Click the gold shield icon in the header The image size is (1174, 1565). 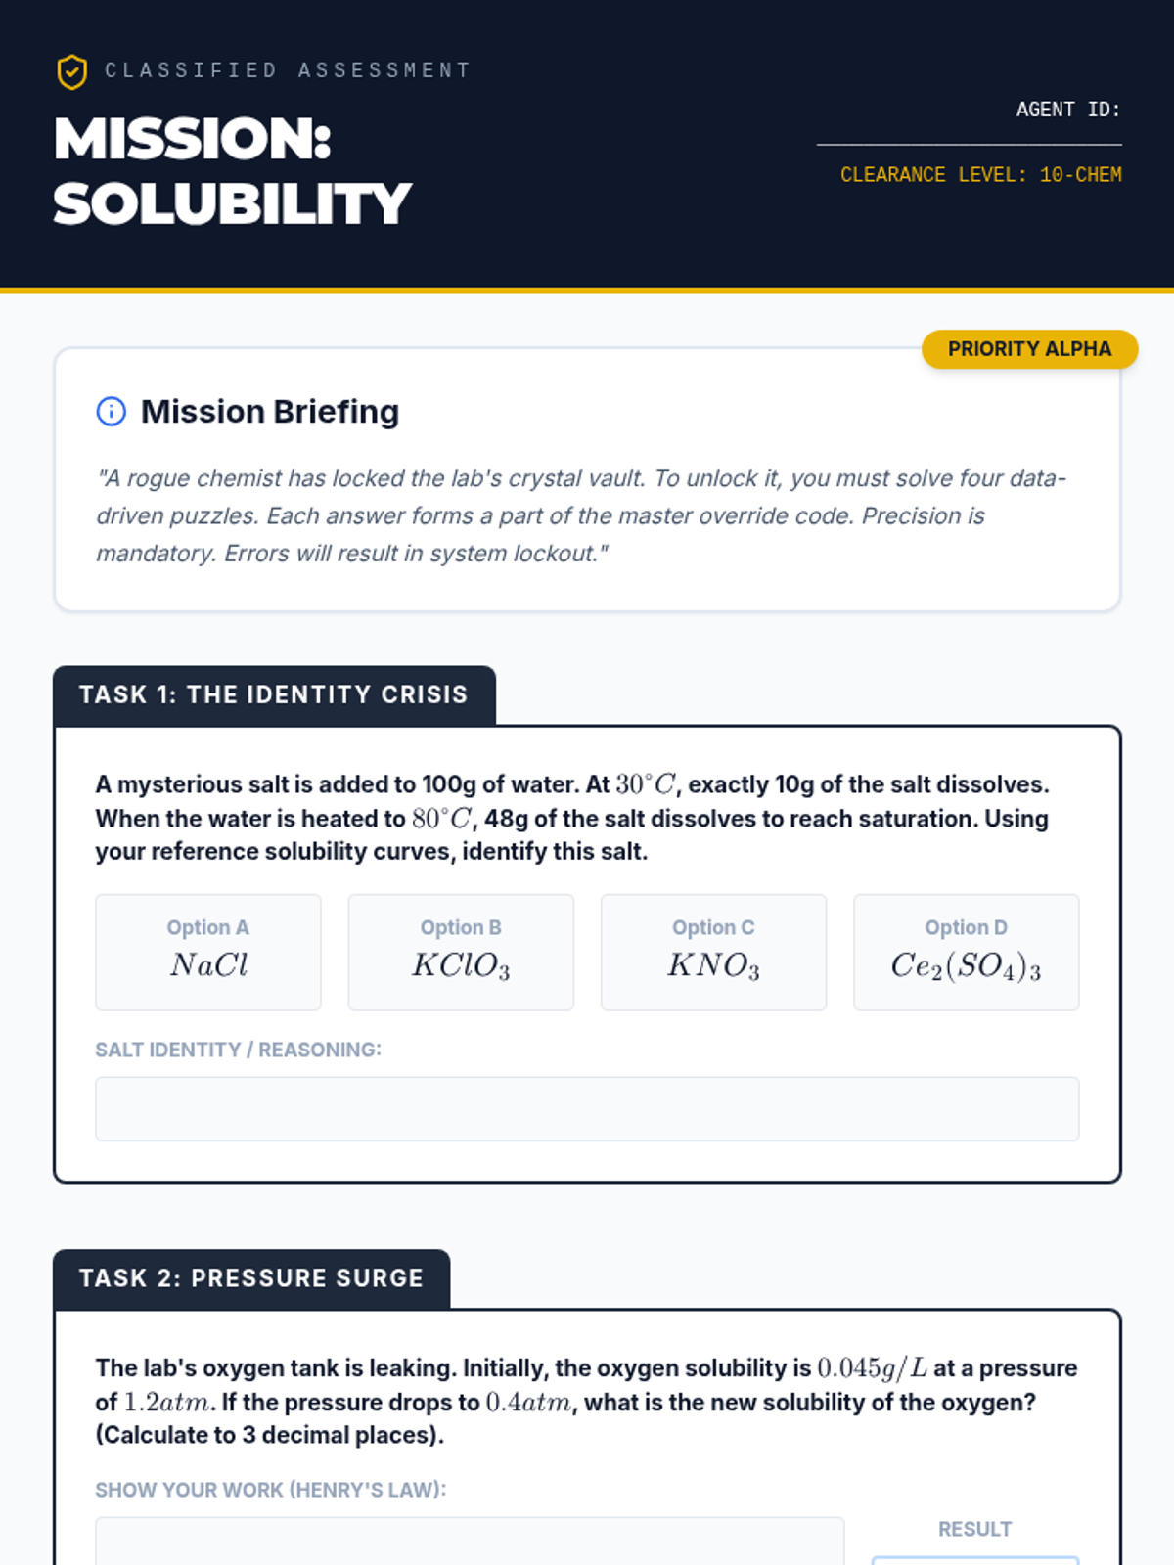click(71, 71)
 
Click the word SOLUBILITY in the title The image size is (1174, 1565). click(232, 203)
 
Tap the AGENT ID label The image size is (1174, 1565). click(1067, 110)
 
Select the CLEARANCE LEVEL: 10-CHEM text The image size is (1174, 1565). click(980, 175)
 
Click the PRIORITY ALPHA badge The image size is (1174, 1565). click(1029, 349)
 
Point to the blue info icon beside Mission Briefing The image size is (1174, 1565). click(112, 412)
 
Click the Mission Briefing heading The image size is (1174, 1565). click(270, 412)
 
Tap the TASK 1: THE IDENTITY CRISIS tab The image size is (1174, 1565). click(274, 695)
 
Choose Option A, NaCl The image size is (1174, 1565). click(208, 952)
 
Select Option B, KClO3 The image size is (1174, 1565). click(461, 952)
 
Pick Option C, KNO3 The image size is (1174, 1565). click(713, 952)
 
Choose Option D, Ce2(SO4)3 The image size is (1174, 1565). click(966, 952)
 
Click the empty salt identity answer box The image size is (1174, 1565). click(587, 1108)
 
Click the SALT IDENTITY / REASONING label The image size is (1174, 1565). click(238, 1050)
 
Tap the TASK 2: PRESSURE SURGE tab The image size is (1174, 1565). click(251, 1278)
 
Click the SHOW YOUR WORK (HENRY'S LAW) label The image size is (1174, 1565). click(270, 1490)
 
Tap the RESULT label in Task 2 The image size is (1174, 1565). click(974, 1529)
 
